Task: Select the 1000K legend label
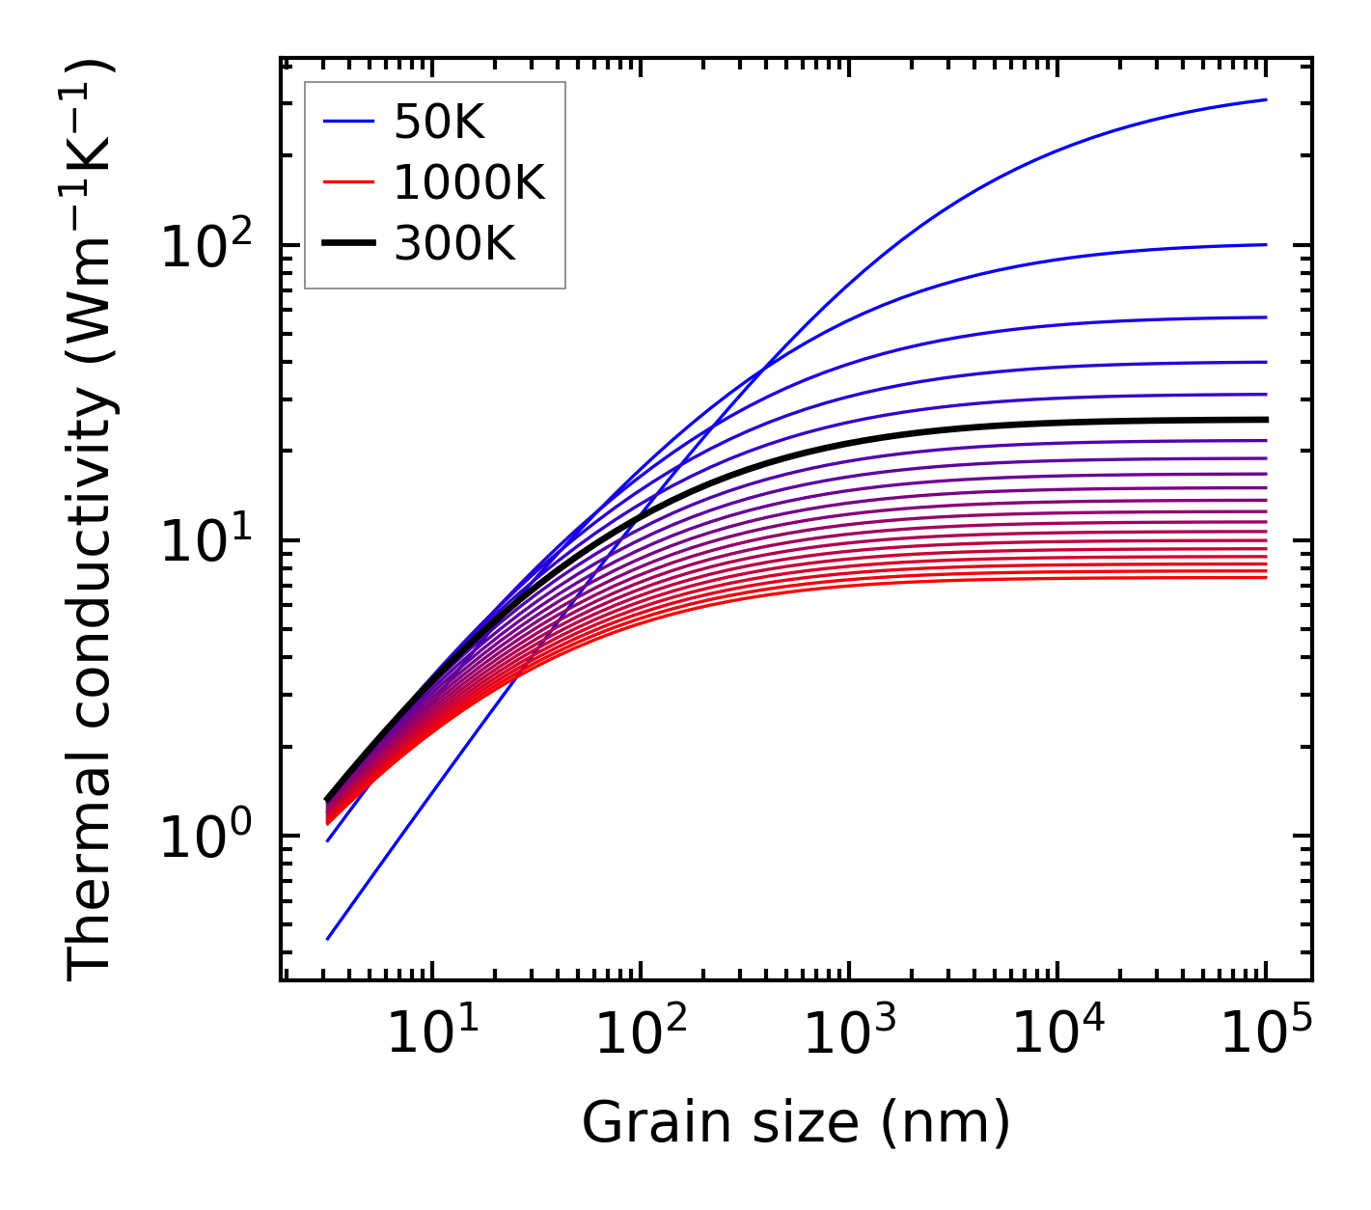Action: coord(469,182)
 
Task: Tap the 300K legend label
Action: coord(454,244)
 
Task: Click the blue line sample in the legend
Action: coord(347,122)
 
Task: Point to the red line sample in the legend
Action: coord(347,182)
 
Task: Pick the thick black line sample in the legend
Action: coord(347,244)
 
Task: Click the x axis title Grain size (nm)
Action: coord(796,1122)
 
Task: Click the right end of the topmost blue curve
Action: coord(1265,99)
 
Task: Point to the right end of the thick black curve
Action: coord(1265,420)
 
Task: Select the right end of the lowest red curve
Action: coord(1265,577)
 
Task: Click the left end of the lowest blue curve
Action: coord(328,939)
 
